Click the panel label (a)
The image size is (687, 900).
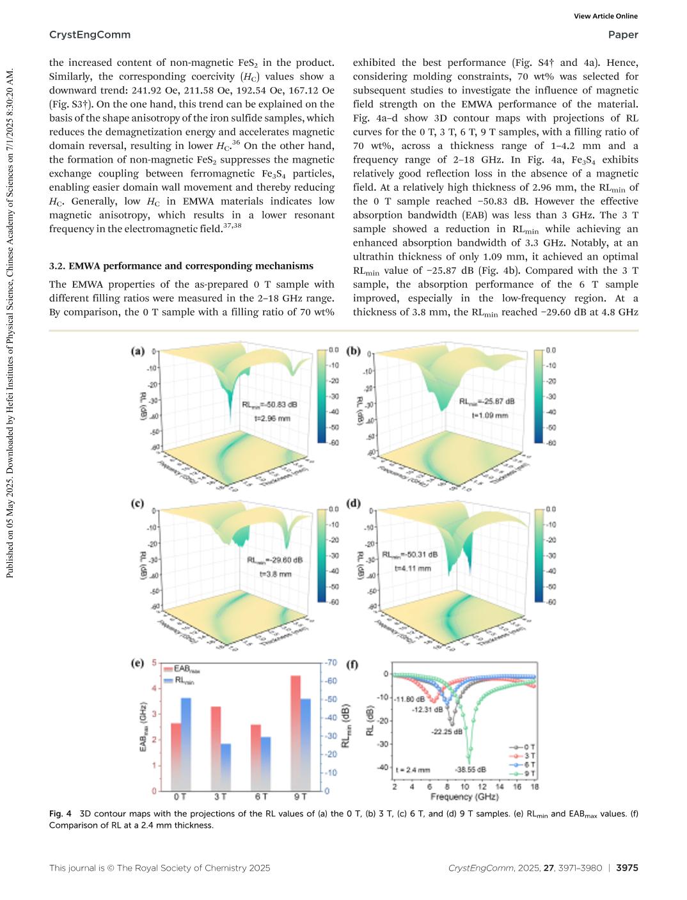click(x=138, y=351)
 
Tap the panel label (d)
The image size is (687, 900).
click(x=353, y=503)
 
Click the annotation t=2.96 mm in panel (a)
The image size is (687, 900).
click(x=272, y=418)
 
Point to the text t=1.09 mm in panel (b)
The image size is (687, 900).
click(x=490, y=415)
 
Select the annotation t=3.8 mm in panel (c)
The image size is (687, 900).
click(x=275, y=574)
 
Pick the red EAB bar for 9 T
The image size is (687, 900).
click(x=296, y=732)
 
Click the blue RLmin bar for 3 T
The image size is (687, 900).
click(x=226, y=767)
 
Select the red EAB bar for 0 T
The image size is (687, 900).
click(x=176, y=757)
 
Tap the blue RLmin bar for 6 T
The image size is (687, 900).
click(x=265, y=764)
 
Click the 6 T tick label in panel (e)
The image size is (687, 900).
click(x=261, y=797)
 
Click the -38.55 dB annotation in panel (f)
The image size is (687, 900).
click(x=470, y=770)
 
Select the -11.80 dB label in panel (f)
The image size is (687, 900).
click(x=409, y=700)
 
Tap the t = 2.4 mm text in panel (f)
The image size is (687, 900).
click(x=413, y=770)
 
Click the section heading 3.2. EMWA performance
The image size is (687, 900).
click(x=181, y=266)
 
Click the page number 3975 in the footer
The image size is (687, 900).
click(x=627, y=868)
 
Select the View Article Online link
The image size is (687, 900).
click(x=606, y=17)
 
